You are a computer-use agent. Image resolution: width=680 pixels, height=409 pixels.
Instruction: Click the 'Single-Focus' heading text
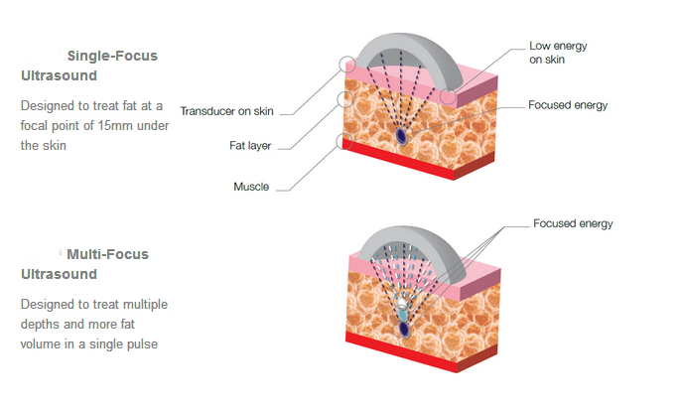(x=111, y=56)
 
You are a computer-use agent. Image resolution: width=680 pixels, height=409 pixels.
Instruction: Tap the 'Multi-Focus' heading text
(x=107, y=254)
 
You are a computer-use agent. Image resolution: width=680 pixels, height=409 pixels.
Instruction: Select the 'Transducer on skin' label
(x=226, y=110)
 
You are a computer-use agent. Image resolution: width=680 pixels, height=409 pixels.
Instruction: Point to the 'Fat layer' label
(x=250, y=145)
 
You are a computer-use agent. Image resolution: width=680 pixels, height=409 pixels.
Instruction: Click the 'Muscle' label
(x=252, y=186)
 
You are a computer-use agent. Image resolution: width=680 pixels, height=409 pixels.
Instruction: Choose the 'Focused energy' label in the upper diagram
(x=567, y=104)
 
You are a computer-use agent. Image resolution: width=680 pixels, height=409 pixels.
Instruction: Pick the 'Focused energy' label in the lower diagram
(x=573, y=223)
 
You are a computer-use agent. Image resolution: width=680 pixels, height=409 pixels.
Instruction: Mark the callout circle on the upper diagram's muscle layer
(x=347, y=139)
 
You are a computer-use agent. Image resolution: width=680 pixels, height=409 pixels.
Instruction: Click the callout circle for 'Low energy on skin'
(x=449, y=96)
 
